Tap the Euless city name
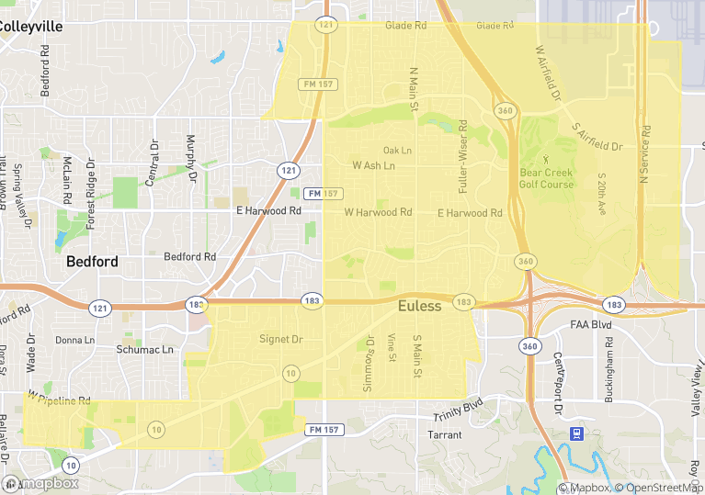(419, 306)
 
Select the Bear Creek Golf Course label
(546, 178)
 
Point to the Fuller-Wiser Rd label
(463, 155)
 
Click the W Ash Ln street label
(373, 166)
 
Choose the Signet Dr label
(280, 340)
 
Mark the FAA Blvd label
(590, 325)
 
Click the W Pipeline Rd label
(59, 400)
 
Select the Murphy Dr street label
(191, 158)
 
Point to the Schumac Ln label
(144, 350)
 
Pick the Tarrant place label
(444, 434)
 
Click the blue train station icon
(576, 433)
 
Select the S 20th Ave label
(602, 194)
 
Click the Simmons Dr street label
(370, 364)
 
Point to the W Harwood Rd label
(378, 212)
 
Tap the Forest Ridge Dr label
(91, 194)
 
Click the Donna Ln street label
(74, 340)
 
